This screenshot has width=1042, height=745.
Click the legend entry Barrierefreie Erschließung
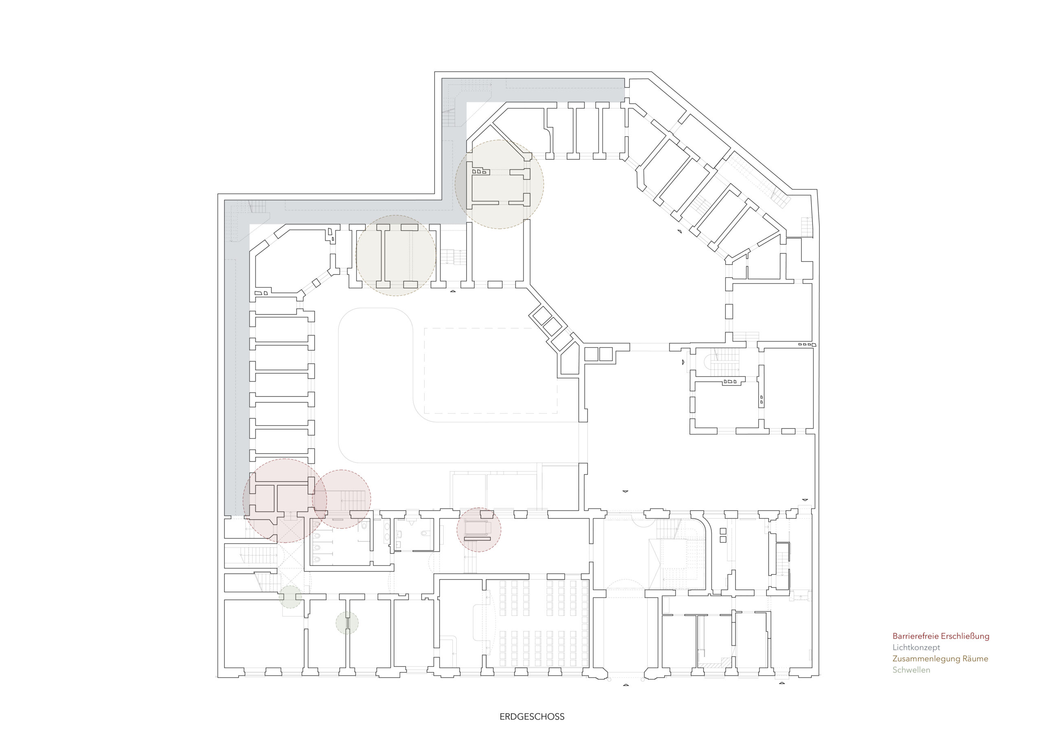941,636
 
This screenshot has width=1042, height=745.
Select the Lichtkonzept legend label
916,647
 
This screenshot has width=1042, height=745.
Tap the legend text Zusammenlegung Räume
940,659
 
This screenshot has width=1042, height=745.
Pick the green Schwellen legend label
911,670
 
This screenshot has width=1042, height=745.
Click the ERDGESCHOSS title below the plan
532,716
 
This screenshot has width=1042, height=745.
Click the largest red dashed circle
243,501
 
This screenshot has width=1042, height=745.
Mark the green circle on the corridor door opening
291,597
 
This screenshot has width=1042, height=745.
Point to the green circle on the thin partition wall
347,622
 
